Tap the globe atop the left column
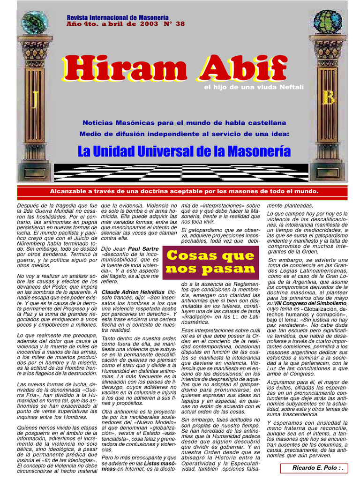[34, 22]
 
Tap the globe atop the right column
[328, 21]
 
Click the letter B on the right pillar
[329, 97]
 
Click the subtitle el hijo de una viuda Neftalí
[254, 87]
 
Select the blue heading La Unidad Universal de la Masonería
[184, 151]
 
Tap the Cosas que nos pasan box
[210, 262]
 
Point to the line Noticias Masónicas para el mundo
[184, 122]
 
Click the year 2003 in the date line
[145, 23]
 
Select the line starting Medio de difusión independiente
[184, 134]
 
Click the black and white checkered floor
[180, 172]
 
